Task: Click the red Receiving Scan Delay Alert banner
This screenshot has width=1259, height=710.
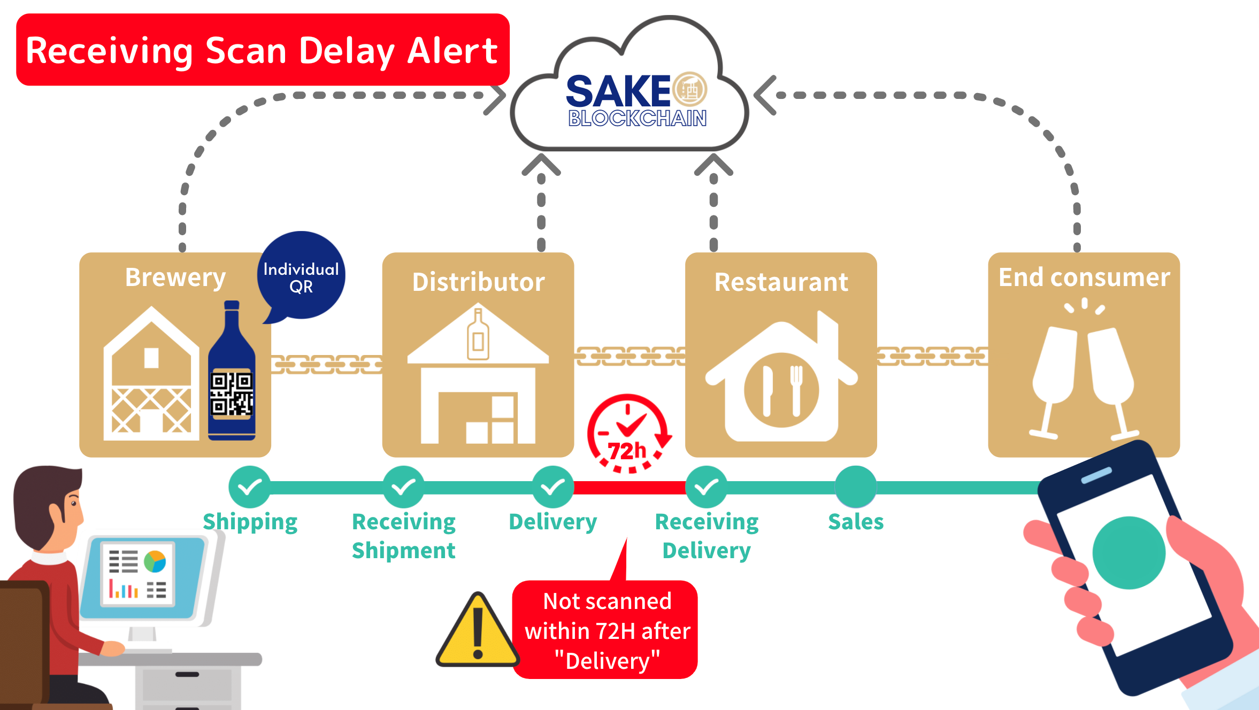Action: tap(262, 50)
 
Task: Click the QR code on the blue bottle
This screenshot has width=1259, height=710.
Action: tap(232, 394)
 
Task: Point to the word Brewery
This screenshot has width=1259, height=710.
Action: tap(175, 277)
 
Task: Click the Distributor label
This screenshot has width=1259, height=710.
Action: tap(478, 282)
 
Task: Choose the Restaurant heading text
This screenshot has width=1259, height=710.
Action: tap(781, 282)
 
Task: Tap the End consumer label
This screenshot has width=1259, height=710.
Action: tap(1084, 277)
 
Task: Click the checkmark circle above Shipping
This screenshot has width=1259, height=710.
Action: tap(249, 487)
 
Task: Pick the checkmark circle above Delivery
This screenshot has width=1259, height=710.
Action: tap(552, 487)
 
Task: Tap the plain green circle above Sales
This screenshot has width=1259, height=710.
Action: tap(856, 487)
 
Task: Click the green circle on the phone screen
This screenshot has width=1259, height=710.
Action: tap(1129, 552)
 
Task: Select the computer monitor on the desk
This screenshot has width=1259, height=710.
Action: tap(143, 577)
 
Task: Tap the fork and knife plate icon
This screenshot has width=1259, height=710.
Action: tap(781, 390)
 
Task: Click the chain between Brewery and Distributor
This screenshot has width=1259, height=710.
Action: tap(327, 364)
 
